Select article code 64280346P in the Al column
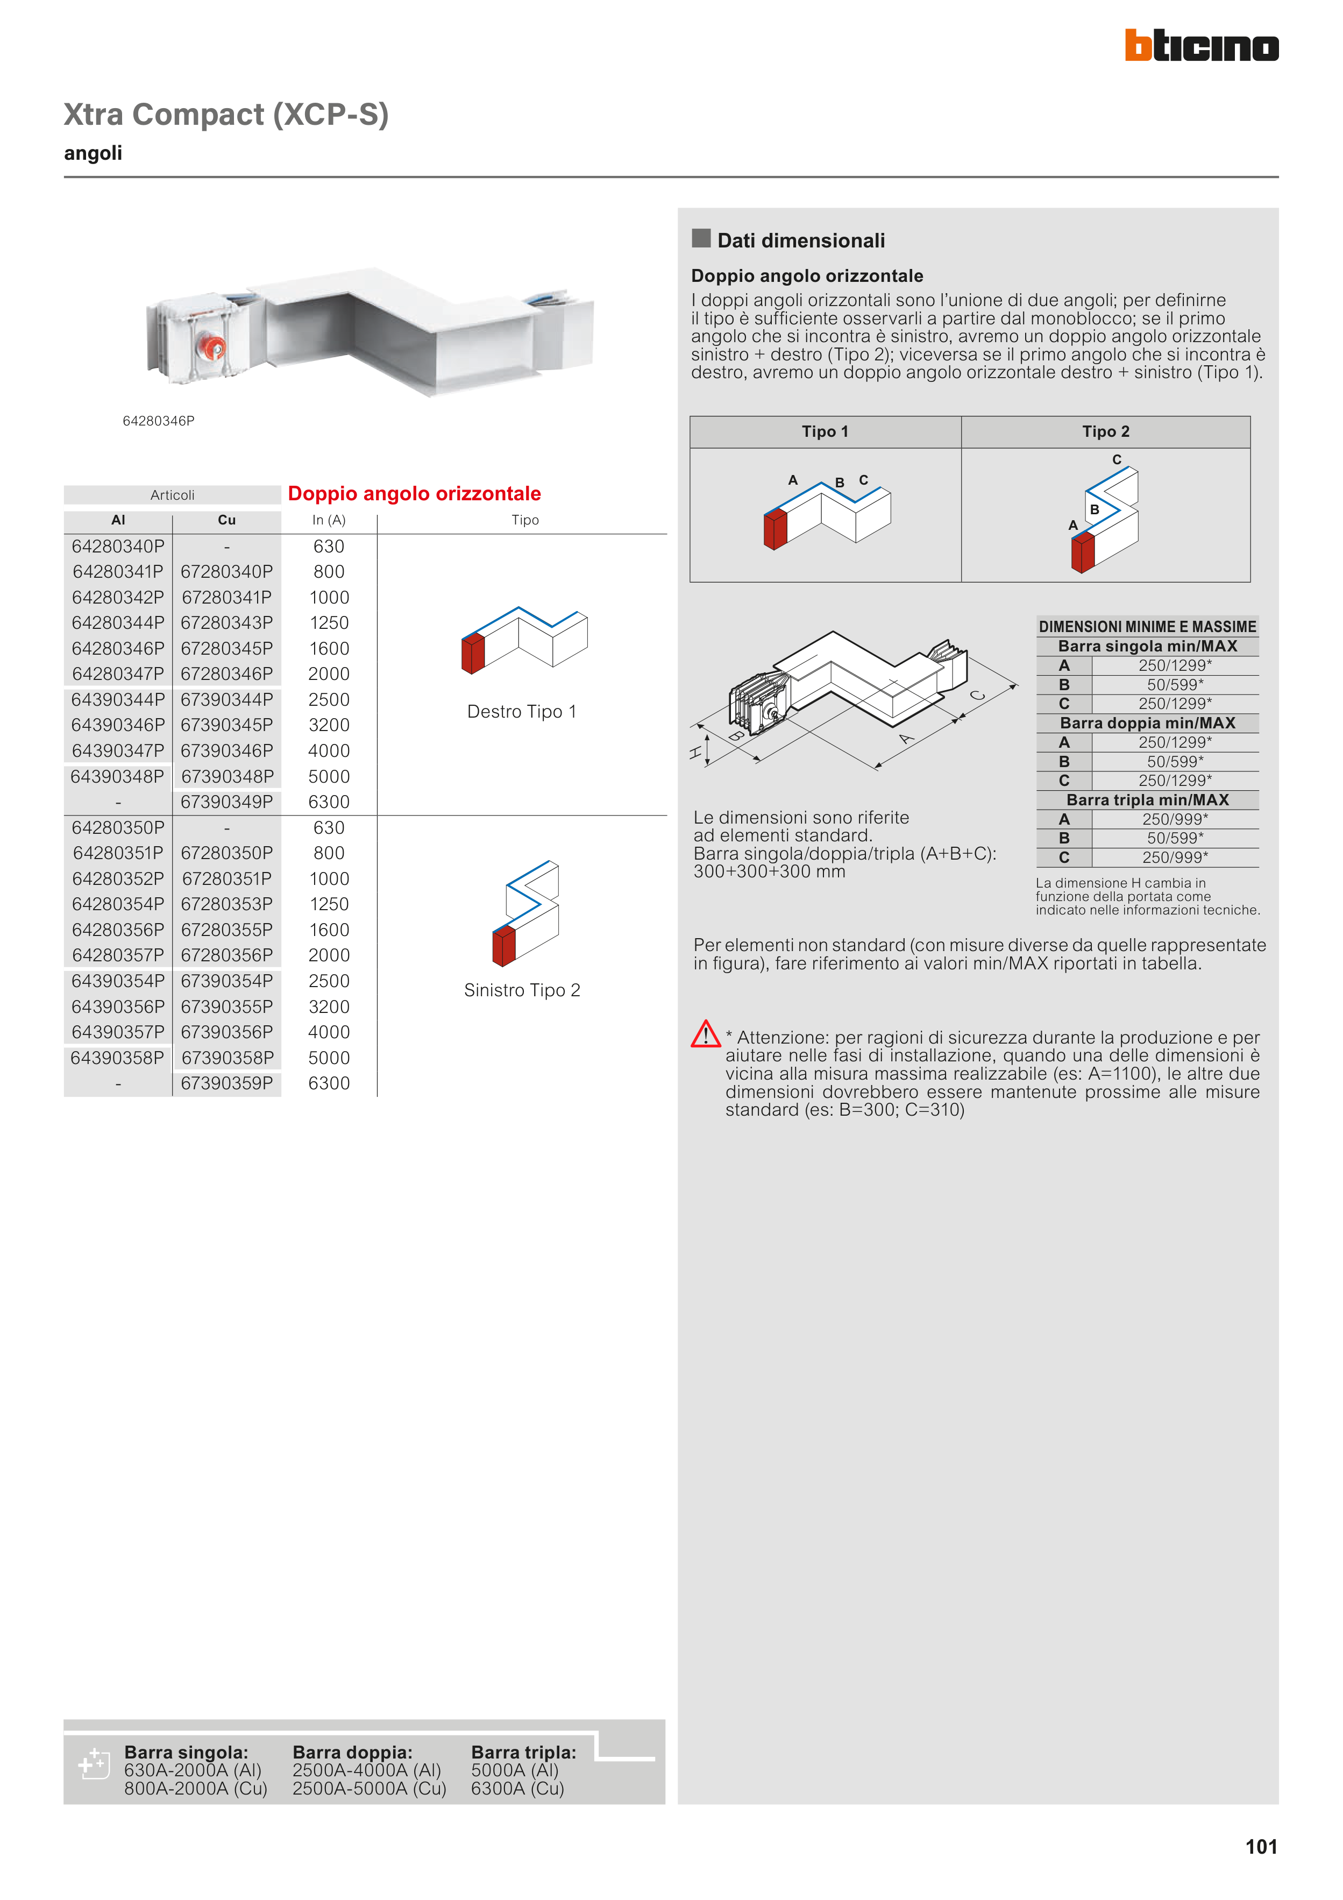pyautogui.click(x=118, y=648)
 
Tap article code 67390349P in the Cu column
pyautogui.click(x=227, y=802)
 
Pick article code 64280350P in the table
pyautogui.click(x=118, y=827)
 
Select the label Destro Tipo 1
pyautogui.click(x=521, y=712)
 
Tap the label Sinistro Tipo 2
pyautogui.click(x=522, y=990)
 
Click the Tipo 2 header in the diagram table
pyautogui.click(x=1105, y=432)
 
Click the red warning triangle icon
pyautogui.click(x=705, y=1034)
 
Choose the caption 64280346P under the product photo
pyautogui.click(x=158, y=421)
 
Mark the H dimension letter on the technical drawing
pyautogui.click(x=696, y=752)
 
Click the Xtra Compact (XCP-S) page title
pyautogui.click(x=226, y=114)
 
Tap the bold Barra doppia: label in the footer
pyautogui.click(x=352, y=1752)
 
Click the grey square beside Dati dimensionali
pyautogui.click(x=701, y=238)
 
